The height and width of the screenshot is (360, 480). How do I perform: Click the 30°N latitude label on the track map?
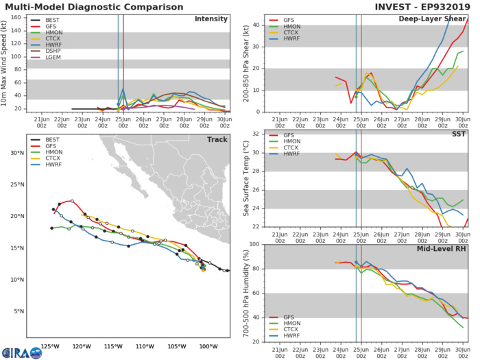pyautogui.click(x=18, y=152)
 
